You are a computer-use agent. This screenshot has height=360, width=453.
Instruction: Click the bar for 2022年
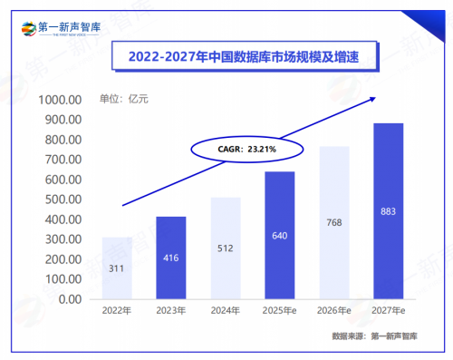(x=116, y=268)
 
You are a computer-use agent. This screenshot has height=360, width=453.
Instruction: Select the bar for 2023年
(x=170, y=258)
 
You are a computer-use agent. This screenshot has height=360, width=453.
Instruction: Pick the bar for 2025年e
(x=279, y=235)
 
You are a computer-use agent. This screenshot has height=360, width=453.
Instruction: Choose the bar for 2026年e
(x=333, y=222)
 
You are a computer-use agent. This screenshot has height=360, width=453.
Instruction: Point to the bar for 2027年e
(x=388, y=210)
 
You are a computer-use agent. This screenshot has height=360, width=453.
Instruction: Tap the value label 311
(x=116, y=269)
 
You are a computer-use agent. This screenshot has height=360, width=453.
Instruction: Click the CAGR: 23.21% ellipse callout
(x=234, y=148)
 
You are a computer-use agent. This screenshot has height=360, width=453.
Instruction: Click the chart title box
(x=234, y=56)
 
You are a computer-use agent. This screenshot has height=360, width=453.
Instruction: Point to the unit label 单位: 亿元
(x=124, y=99)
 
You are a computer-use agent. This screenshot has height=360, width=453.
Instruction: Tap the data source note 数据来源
(x=375, y=337)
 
